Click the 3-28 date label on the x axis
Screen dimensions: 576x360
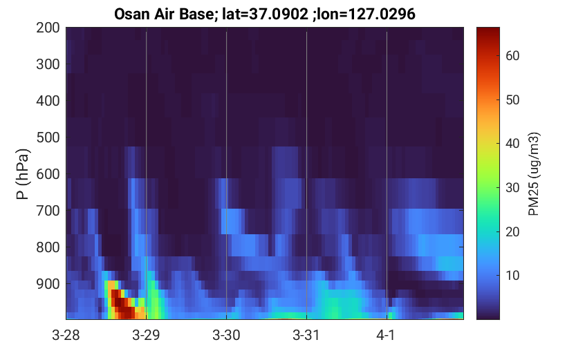pos(66,335)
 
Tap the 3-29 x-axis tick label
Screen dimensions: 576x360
pos(146,335)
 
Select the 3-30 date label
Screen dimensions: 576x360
pos(226,335)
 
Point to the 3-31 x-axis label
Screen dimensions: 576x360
pos(306,335)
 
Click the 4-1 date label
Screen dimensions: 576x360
pos(386,335)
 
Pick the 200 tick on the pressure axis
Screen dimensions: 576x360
pos(48,28)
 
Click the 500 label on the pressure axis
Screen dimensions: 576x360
pos(48,138)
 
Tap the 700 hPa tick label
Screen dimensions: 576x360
pos(48,211)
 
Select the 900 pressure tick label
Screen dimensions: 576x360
pos(48,284)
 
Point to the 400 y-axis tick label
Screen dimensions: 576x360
pos(48,101)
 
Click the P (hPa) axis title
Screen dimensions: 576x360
pos(23,174)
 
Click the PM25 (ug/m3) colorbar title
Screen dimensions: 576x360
pos(534,174)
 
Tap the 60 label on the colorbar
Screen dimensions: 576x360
pos(512,56)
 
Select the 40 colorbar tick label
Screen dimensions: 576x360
pos(512,144)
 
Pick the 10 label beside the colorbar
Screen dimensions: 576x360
pos(512,275)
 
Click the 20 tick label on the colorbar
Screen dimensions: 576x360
pos(512,231)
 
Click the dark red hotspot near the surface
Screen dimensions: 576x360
pos(123,305)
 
